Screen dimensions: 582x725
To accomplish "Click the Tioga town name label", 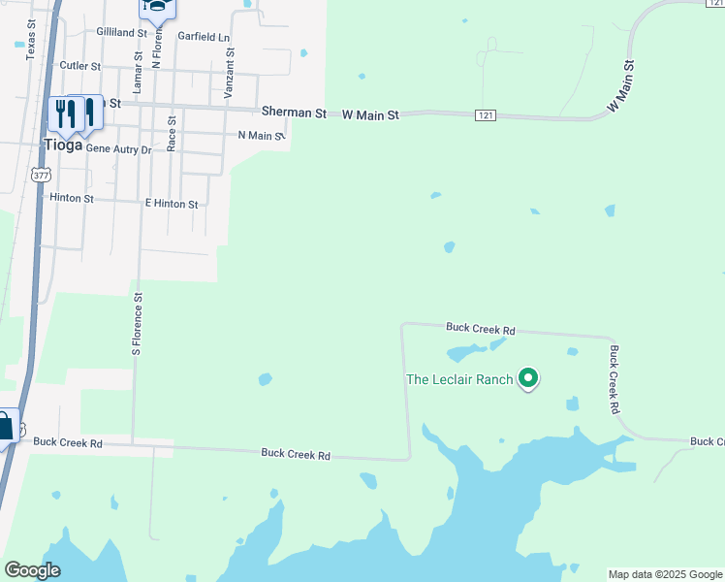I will coord(62,145).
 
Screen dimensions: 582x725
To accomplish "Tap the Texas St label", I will coord(31,40).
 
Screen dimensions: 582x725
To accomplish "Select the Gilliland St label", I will coord(121,32).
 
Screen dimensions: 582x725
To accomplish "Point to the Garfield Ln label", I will coord(204,37).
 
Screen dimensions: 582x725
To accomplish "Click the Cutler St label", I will coord(80,66).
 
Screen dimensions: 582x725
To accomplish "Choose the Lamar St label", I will coord(138,74).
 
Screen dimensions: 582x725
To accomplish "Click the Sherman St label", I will coord(294,113).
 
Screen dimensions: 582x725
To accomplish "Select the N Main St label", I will coord(261,136).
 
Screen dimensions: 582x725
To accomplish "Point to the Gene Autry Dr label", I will coord(119,149).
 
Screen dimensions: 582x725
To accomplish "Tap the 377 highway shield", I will coord(40,175).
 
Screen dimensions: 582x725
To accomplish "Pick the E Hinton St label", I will coord(172,205).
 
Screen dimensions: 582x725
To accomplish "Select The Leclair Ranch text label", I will coord(458,379).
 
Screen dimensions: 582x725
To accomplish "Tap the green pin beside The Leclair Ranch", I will coord(528,377).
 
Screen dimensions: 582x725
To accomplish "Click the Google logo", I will coord(32,570).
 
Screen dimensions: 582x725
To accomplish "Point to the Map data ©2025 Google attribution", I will coord(665,574).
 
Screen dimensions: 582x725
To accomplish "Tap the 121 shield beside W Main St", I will coord(486,115).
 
